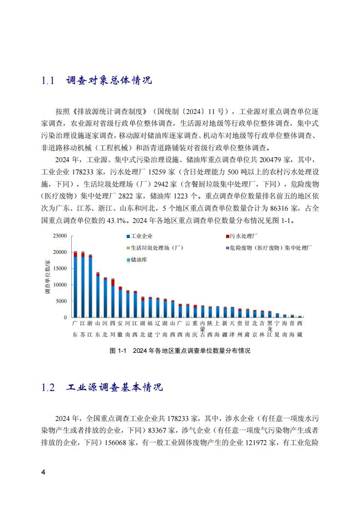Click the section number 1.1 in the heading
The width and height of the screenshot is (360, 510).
[x=48, y=81]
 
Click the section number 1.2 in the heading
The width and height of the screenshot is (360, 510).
[x=48, y=388]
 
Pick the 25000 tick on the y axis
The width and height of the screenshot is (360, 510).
[x=60, y=236]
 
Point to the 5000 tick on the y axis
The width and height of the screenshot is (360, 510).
[x=61, y=301]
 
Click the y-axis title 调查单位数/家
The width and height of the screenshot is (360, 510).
[x=47, y=277]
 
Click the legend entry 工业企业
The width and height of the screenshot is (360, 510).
[x=141, y=236]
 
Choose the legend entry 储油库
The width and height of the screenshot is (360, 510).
[x=138, y=260]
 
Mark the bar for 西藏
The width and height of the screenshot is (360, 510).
[x=300, y=317]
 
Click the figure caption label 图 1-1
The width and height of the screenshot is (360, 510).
[x=118, y=351]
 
